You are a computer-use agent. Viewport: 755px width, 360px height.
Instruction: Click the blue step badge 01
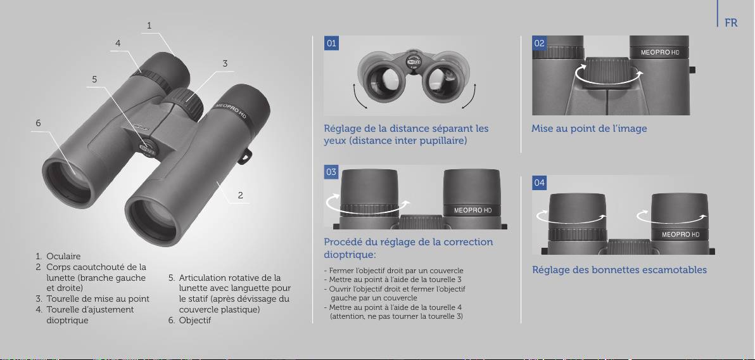[331, 43]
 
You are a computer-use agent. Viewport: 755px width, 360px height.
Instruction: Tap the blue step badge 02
[539, 43]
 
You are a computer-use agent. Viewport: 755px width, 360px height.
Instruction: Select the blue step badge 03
[331, 172]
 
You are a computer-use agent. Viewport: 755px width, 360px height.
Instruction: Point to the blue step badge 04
[539, 183]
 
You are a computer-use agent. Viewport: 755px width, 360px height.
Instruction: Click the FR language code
[730, 23]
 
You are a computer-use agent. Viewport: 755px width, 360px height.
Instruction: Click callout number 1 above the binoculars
[149, 25]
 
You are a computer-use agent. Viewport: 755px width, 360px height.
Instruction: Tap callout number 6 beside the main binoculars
[38, 123]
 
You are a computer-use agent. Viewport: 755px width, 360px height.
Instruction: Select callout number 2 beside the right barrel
[240, 195]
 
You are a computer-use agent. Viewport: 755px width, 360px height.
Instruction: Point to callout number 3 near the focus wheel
[225, 63]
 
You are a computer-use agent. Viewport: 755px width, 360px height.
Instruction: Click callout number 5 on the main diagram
[94, 79]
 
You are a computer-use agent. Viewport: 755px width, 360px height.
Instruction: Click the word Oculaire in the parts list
[63, 257]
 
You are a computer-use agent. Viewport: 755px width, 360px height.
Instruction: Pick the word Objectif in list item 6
[195, 320]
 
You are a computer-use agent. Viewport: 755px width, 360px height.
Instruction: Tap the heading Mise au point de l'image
[589, 129]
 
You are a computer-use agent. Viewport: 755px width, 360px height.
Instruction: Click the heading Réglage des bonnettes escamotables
[619, 270]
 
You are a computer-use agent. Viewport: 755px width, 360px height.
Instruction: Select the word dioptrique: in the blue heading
[350, 254]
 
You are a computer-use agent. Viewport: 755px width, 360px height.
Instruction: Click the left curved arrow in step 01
[358, 98]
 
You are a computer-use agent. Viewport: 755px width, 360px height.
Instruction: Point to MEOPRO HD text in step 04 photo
[680, 235]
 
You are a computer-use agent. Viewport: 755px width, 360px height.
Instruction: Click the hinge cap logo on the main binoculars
[148, 150]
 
